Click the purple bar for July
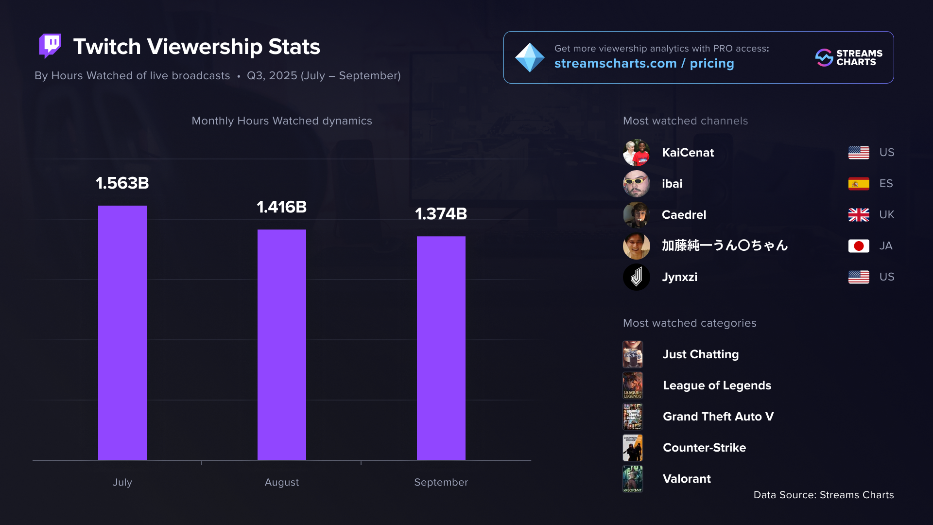click(122, 332)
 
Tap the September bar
click(441, 348)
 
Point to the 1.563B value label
click(122, 183)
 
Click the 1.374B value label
click(441, 214)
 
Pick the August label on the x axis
click(281, 482)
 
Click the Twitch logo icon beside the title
click(50, 46)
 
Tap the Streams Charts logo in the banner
click(848, 57)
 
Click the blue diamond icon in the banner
click(529, 57)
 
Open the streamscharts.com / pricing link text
click(644, 64)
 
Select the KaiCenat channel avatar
click(636, 153)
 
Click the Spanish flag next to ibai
click(858, 184)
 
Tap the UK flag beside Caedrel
click(858, 215)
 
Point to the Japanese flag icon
click(858, 246)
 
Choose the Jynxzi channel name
click(679, 277)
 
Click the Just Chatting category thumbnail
click(633, 354)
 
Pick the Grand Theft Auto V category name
click(718, 417)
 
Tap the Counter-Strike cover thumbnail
click(633, 448)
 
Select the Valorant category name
click(687, 479)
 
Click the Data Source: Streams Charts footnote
click(823, 495)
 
